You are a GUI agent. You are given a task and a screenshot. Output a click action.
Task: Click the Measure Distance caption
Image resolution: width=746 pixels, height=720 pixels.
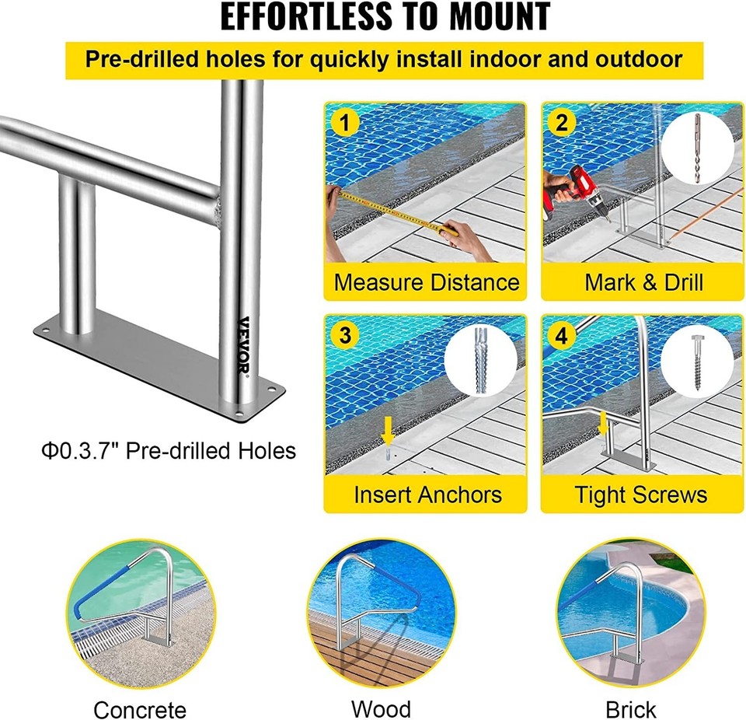[426, 281]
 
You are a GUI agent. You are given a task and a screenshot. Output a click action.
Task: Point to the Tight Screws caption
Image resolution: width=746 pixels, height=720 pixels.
[641, 495]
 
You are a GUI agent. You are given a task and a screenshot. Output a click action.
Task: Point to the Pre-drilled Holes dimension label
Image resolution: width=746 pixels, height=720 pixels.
[169, 449]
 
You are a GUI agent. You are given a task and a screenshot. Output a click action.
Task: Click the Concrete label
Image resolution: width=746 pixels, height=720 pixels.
[140, 708]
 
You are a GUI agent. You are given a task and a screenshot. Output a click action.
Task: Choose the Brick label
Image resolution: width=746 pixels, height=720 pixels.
[630, 708]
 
